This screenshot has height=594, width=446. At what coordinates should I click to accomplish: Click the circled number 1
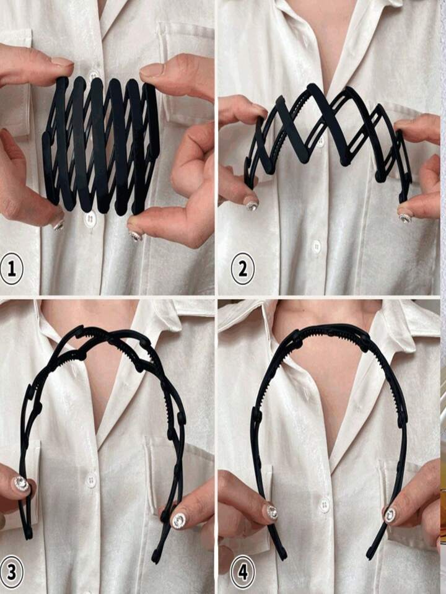pyautogui.click(x=11, y=269)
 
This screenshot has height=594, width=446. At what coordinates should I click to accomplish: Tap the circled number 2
pyautogui.click(x=243, y=269)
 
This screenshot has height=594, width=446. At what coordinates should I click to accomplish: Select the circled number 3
pyautogui.click(x=11, y=572)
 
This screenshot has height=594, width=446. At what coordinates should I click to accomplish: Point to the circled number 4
pyautogui.click(x=243, y=572)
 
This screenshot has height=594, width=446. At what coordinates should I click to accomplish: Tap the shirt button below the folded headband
pyautogui.click(x=90, y=219)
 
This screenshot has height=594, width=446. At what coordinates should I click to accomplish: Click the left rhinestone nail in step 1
pyautogui.click(x=59, y=226)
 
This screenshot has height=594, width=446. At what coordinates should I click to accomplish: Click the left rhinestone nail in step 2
pyautogui.click(x=251, y=205)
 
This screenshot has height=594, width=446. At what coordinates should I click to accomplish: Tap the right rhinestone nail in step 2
pyautogui.click(x=406, y=218)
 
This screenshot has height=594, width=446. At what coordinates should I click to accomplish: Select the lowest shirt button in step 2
pyautogui.click(x=317, y=247)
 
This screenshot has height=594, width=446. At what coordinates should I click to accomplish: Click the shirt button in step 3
pyautogui.click(x=91, y=481)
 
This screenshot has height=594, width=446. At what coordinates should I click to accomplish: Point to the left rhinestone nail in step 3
pyautogui.click(x=22, y=484)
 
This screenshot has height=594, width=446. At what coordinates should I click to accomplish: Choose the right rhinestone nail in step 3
pyautogui.click(x=179, y=521)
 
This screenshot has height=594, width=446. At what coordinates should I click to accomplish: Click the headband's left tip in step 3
pyautogui.click(x=28, y=536)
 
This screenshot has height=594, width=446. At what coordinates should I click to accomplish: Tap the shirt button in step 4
pyautogui.click(x=324, y=505)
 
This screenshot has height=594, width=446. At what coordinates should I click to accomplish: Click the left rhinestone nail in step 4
pyautogui.click(x=272, y=513)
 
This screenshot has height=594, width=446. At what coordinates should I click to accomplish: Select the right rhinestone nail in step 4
pyautogui.click(x=390, y=515)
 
